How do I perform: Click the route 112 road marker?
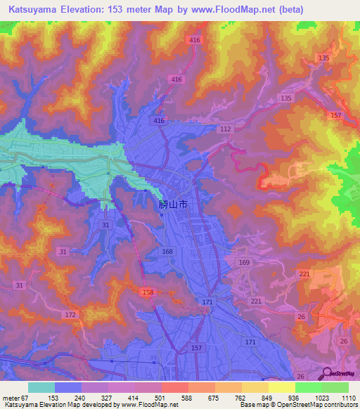(x=225, y=130)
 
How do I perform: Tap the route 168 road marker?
(x=167, y=252)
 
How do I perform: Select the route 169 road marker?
(x=244, y=263)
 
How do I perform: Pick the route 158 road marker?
(x=148, y=292)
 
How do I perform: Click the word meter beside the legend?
(x=11, y=397)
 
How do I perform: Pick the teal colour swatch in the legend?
(x=41, y=387)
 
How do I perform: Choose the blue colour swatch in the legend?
(x=68, y=387)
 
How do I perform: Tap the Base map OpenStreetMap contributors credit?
(x=299, y=405)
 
